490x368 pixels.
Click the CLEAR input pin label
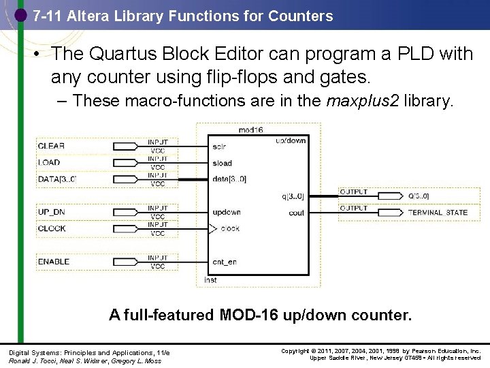(52, 146)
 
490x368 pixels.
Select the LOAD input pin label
(49, 162)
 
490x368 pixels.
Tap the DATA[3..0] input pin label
(57, 179)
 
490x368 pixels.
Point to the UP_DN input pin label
(52, 212)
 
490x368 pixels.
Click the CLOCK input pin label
(52, 228)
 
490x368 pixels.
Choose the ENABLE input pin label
(54, 262)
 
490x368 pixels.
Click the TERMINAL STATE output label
(438, 213)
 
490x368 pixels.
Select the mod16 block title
(250, 129)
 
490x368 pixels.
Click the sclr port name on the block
(219, 147)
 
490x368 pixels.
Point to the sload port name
(222, 163)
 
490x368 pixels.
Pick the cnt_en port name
(225, 262)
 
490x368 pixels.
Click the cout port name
(297, 213)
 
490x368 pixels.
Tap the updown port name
(226, 212)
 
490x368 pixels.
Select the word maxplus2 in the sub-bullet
(363, 101)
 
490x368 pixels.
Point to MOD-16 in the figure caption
(246, 315)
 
